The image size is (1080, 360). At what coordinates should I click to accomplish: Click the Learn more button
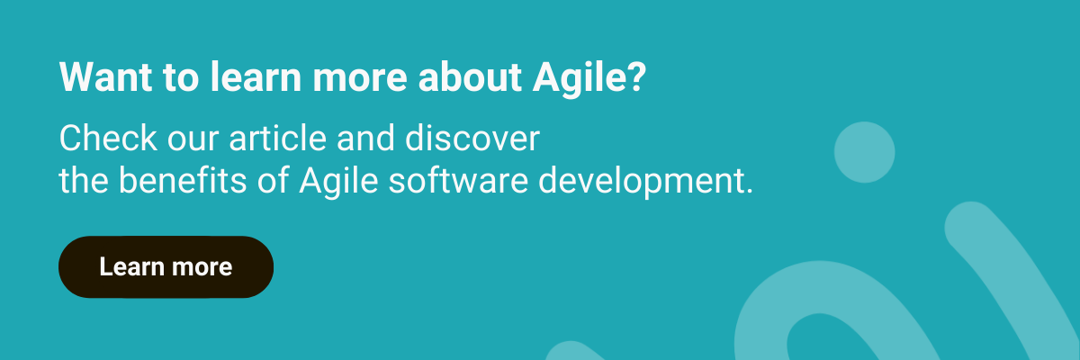click(x=166, y=267)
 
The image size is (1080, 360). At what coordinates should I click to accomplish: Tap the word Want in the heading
click(x=105, y=77)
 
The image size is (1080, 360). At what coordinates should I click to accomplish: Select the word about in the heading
click(x=470, y=77)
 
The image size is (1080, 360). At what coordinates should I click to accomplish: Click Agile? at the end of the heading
click(x=589, y=79)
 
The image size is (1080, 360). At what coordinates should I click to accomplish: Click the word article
click(x=278, y=139)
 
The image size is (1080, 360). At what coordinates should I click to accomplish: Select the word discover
click(x=472, y=139)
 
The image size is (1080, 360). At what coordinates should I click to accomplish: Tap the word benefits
click(x=182, y=180)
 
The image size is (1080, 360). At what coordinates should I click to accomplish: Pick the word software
click(x=458, y=180)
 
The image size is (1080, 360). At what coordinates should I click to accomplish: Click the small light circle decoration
click(x=865, y=152)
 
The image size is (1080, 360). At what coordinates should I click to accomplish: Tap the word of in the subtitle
click(x=273, y=180)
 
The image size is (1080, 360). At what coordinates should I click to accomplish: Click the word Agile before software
click(x=338, y=182)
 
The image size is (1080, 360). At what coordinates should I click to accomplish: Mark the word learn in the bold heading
click(x=256, y=77)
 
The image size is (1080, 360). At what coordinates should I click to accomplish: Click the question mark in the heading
click(x=637, y=77)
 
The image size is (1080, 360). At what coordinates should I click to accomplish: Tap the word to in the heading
click(x=181, y=78)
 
